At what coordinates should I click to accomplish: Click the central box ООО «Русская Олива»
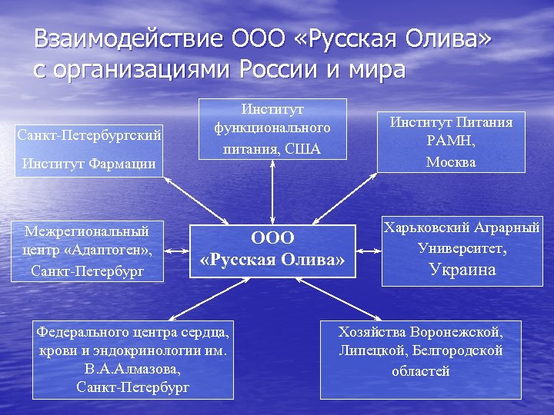[x=272, y=251]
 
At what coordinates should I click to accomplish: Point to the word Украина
[x=462, y=270]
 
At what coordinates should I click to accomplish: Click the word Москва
[x=451, y=162]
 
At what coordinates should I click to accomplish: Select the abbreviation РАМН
[x=451, y=141]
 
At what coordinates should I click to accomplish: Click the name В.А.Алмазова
[x=132, y=369]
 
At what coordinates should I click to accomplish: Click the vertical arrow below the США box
[x=272, y=192]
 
